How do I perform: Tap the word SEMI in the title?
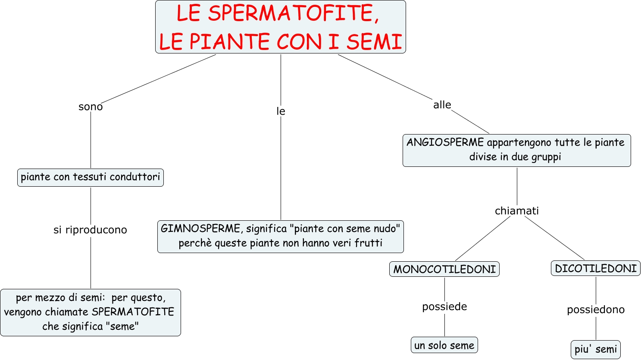coord(374,42)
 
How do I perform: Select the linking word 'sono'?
coord(91,106)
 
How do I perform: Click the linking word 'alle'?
coord(442,105)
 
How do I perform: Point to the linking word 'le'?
coord(281,111)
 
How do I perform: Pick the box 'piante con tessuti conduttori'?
coord(91,177)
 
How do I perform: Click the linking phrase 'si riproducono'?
coord(90,230)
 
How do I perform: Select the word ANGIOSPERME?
coord(445,142)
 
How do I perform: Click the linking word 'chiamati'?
coord(516,211)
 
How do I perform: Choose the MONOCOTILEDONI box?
coord(444,269)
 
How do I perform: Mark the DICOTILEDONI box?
coord(596,268)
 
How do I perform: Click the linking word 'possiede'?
coord(444,307)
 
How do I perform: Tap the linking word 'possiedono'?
coord(596,310)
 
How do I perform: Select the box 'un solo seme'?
coord(444,345)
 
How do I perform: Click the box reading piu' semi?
coord(596,349)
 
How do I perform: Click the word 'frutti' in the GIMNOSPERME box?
coord(369,243)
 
